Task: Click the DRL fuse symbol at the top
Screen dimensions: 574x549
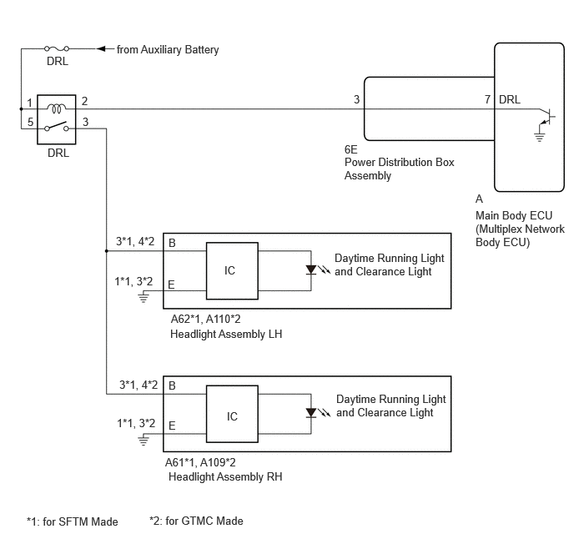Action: click(x=57, y=48)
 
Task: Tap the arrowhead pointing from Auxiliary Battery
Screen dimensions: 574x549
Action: click(x=101, y=48)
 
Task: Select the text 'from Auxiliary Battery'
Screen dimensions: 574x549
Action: click(x=168, y=49)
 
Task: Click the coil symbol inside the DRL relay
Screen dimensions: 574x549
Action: click(x=57, y=108)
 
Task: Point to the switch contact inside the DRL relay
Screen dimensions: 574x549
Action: click(x=57, y=126)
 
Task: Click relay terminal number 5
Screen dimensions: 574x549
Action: click(x=30, y=122)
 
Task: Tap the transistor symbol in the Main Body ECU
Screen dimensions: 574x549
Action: click(x=547, y=117)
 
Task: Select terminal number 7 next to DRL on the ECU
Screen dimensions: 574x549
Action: click(x=487, y=99)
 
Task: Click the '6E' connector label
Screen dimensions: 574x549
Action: click(x=350, y=149)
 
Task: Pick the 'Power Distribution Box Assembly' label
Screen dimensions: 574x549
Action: click(x=399, y=169)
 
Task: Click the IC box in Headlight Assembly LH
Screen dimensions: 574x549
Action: click(x=232, y=271)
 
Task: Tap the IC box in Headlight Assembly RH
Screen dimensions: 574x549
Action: click(x=232, y=414)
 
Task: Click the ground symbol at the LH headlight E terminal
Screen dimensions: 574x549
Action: click(x=143, y=297)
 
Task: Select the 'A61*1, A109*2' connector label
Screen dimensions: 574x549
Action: click(x=200, y=462)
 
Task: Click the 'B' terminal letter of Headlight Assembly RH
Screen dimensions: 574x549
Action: click(x=172, y=385)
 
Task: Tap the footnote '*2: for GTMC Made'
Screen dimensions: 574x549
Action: click(x=196, y=521)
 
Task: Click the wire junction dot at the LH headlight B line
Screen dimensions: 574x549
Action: click(x=107, y=251)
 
